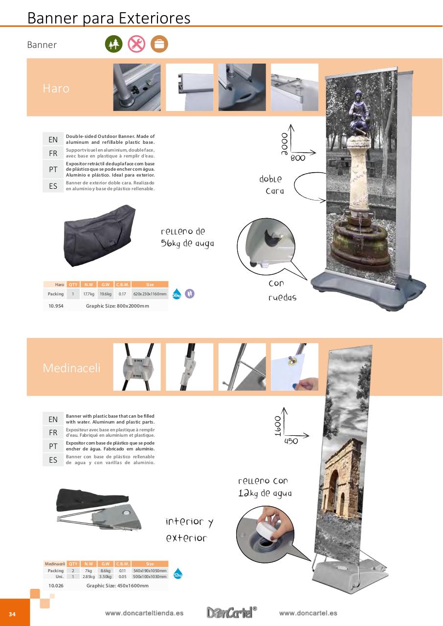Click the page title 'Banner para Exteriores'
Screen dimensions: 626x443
[x=109, y=18]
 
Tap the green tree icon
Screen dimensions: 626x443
[x=113, y=44]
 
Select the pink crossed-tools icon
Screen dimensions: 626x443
[x=136, y=44]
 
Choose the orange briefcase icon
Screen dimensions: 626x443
[x=159, y=44]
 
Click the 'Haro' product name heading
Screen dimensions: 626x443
[x=56, y=89]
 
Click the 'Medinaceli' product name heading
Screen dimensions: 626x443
[x=71, y=368]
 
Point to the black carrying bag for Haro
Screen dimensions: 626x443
[x=99, y=236]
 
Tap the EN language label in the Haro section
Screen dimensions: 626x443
[x=53, y=140]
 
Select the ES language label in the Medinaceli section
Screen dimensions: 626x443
[x=53, y=460]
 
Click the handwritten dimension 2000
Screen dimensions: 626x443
[x=284, y=144]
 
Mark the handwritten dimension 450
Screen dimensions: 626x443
[x=291, y=441]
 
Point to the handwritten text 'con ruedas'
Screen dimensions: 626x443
[x=282, y=291]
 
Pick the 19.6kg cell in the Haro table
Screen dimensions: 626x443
[x=105, y=294]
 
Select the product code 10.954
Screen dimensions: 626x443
[x=55, y=306]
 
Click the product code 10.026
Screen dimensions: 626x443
[x=55, y=585]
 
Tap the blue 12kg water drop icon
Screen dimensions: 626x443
[x=178, y=574]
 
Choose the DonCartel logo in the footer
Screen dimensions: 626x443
[x=232, y=613]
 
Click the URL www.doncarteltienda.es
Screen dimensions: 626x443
[x=144, y=613]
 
